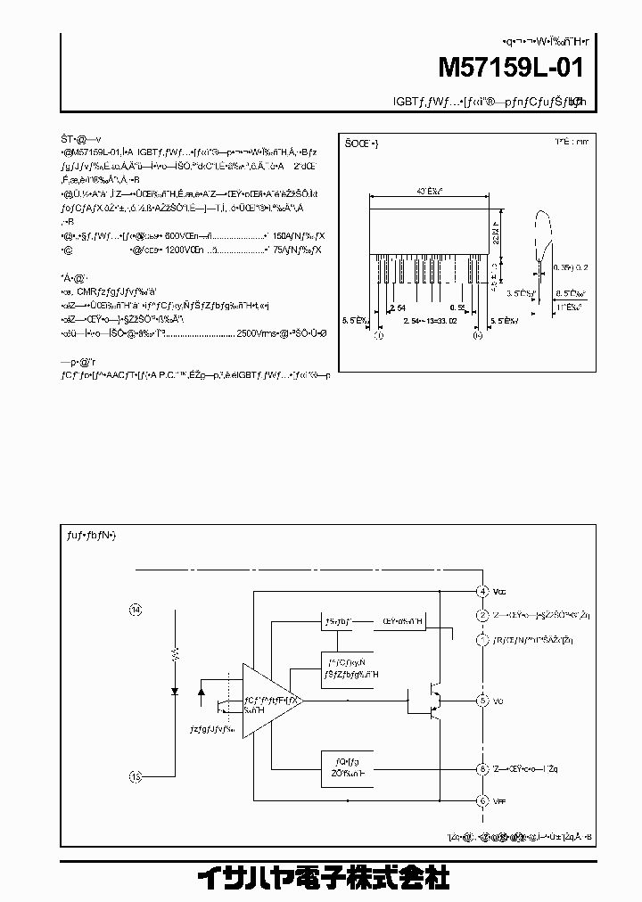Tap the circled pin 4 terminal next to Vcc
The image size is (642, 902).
pos(481,592)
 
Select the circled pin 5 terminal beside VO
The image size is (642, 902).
pos(481,701)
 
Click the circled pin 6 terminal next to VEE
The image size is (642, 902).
pos(481,800)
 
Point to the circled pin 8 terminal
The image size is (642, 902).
pos(481,768)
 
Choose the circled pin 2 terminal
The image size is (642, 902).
pos(481,615)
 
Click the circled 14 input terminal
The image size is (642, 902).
pos(136,610)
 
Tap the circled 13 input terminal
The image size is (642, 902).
pos(136,775)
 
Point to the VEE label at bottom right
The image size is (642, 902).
pos(499,800)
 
